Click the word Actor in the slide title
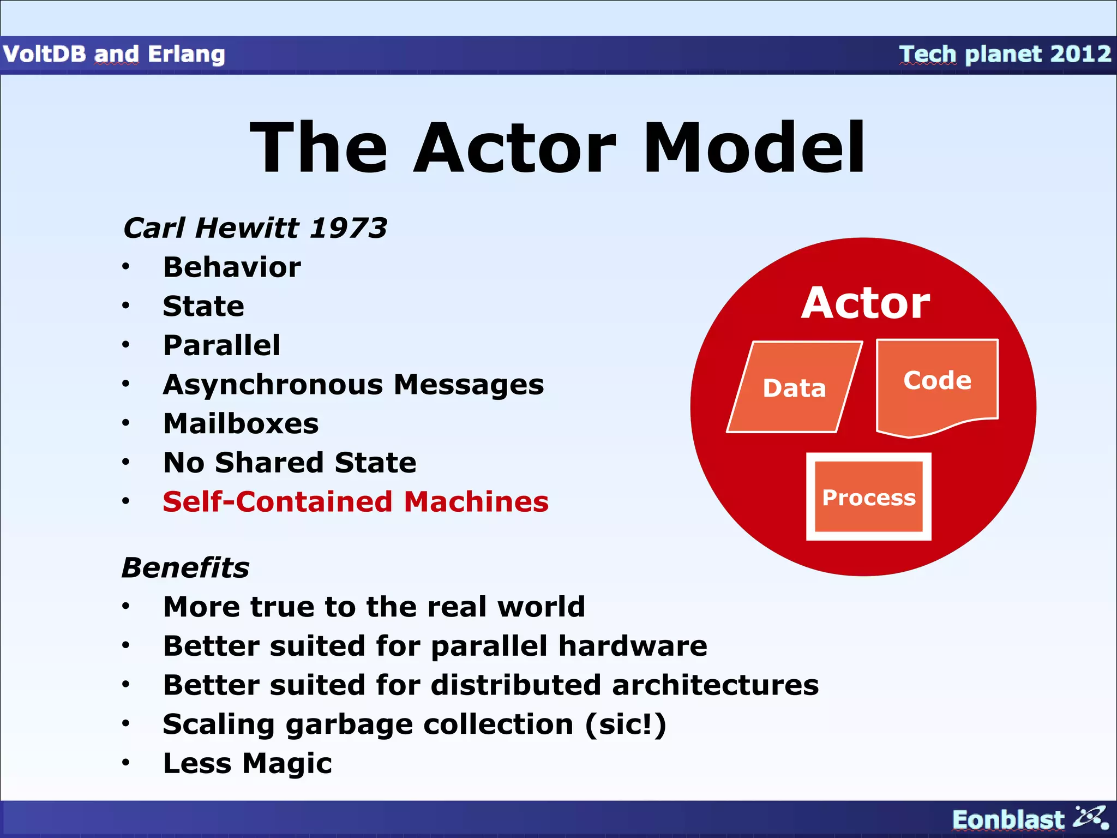514,148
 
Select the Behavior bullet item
232,267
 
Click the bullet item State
203,306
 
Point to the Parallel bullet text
221,345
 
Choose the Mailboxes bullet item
241,424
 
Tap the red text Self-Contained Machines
355,502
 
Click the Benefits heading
185,568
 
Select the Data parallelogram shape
794,388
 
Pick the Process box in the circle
868,497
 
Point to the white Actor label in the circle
865,303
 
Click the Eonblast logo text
1008,819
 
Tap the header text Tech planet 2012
1005,54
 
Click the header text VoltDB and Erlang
113,54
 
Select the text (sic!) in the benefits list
626,725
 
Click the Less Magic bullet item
247,763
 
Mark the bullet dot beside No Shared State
126,463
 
